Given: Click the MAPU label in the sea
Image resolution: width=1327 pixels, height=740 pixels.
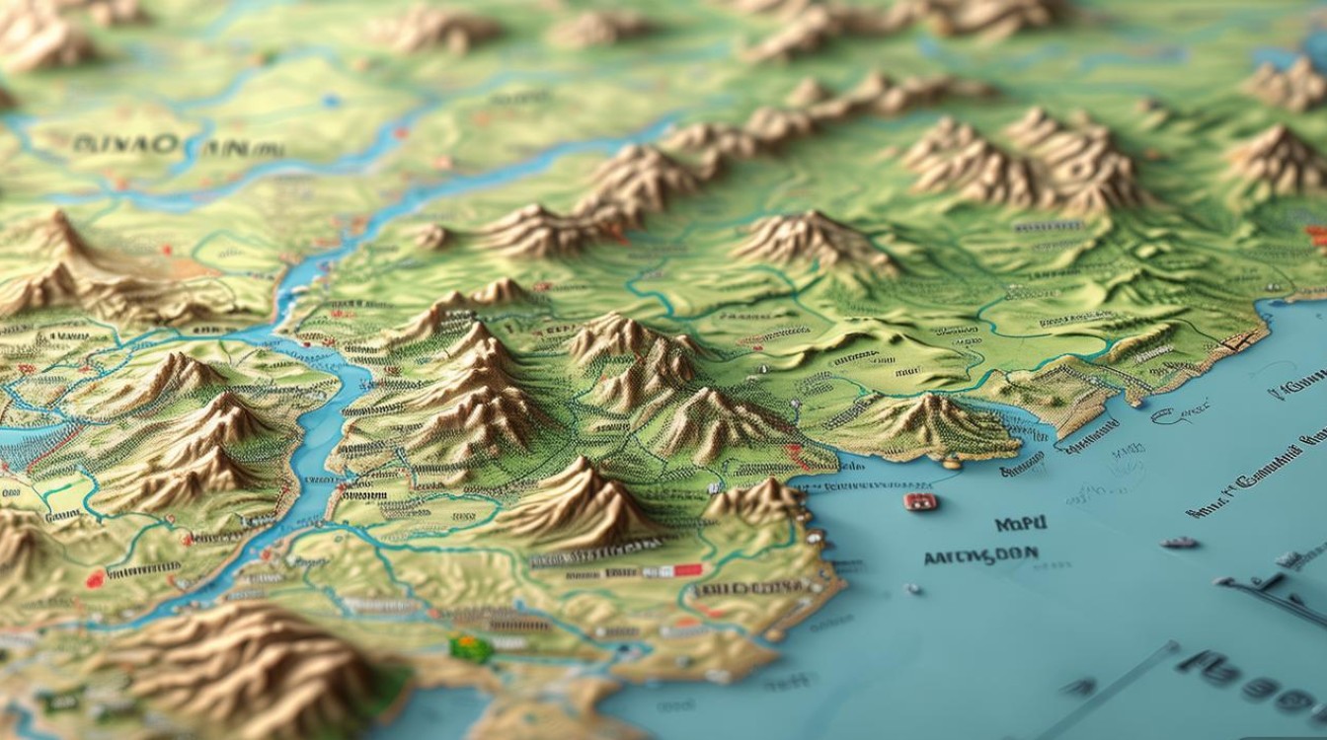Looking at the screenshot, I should coord(1020,524).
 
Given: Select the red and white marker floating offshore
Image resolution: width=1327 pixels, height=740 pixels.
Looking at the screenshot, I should coord(920,502).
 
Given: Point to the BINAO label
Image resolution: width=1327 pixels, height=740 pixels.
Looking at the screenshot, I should coord(125,144).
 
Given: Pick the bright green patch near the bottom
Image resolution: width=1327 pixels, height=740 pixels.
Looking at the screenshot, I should coord(470,648).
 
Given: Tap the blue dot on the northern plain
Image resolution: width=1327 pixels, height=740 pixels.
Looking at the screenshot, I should coord(332,101).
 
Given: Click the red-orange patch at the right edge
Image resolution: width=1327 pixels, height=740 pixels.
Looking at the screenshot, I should coord(1316,235).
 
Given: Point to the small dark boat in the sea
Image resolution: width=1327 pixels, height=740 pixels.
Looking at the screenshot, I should coord(1179,543).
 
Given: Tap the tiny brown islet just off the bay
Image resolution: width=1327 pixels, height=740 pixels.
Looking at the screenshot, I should coord(950,462).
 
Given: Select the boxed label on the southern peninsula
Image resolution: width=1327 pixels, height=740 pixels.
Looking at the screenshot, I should coord(750,588).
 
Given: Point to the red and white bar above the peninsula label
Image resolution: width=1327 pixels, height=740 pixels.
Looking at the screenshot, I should coord(674,570).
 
